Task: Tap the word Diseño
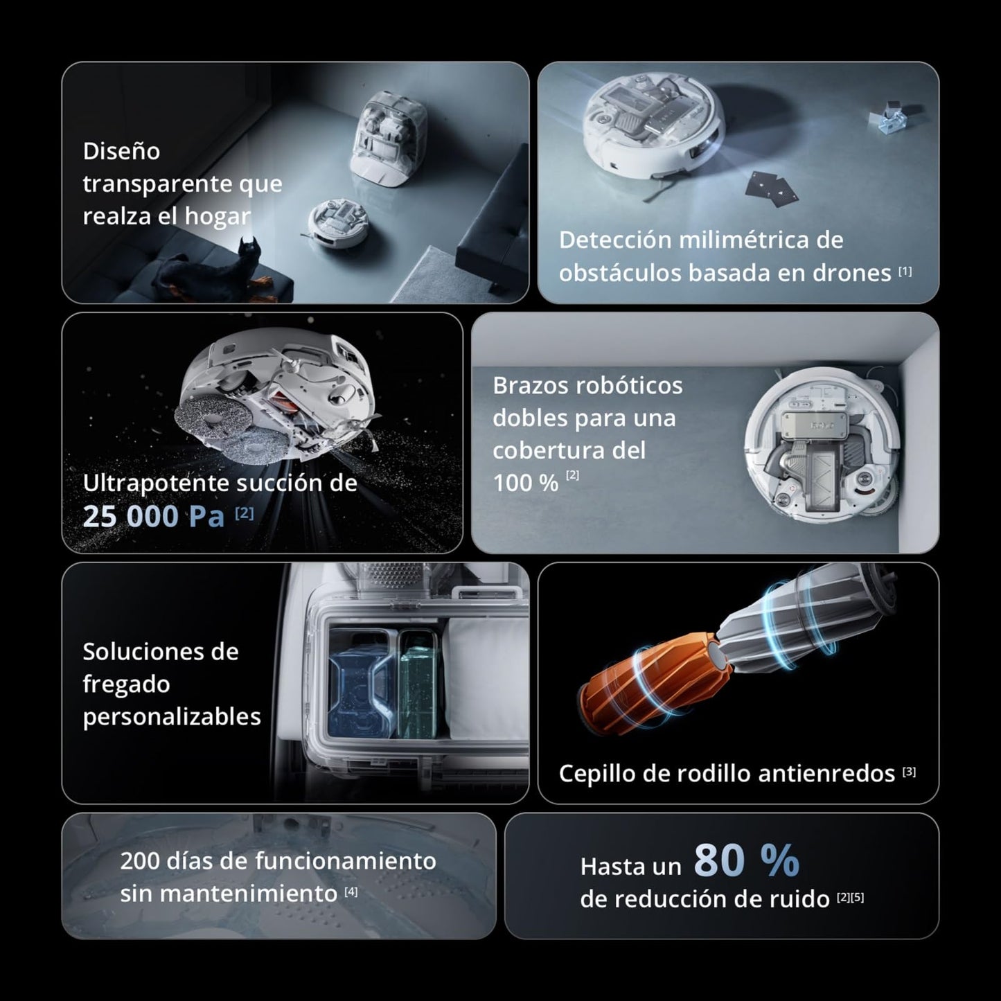pos(121,151)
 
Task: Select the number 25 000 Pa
pos(153,516)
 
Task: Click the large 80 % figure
pos(746,860)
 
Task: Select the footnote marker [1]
pos(905,272)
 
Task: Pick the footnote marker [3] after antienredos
pos(909,772)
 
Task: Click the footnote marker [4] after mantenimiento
pos(351,892)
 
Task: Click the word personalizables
pos(172,716)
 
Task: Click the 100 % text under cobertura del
pos(525,483)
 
